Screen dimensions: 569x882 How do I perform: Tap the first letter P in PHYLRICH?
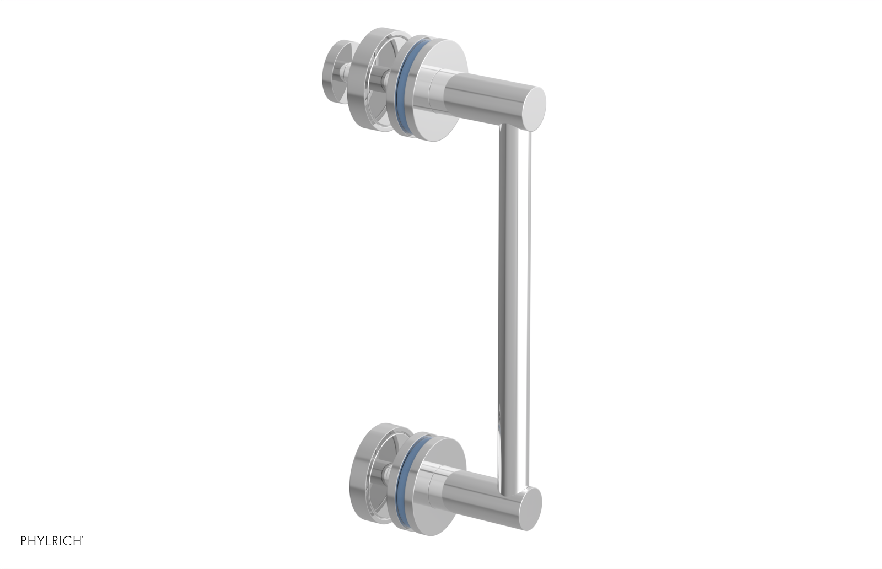24,541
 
